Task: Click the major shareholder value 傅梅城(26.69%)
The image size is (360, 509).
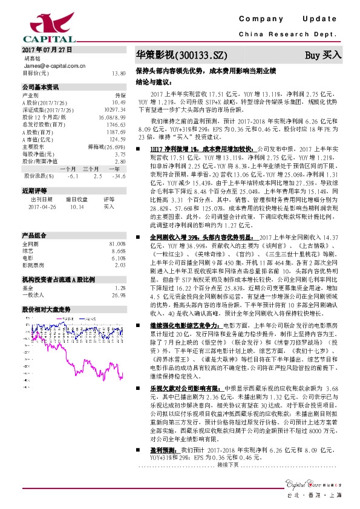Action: point(110,147)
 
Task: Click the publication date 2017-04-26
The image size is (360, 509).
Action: point(41,207)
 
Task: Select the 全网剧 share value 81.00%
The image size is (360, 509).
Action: point(117,243)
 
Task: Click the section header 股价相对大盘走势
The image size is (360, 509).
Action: point(45,308)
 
